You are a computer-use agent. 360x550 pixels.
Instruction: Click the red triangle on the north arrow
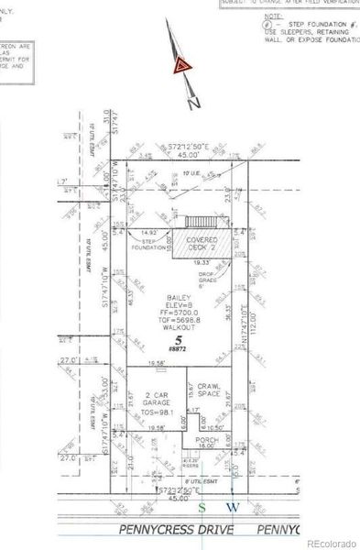click(x=181, y=64)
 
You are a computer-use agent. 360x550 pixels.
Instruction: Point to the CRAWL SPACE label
click(x=210, y=390)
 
